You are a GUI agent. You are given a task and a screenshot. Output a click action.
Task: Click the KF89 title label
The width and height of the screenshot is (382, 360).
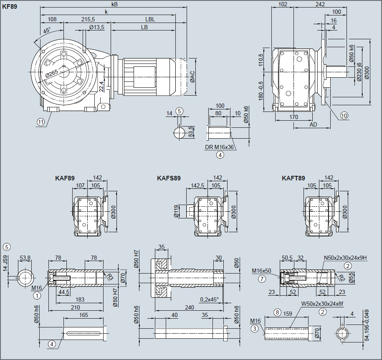tap(10, 7)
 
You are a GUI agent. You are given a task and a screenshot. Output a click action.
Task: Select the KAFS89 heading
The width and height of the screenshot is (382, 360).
tap(169, 178)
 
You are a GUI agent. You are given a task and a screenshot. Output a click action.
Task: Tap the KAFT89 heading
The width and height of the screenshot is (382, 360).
tap(293, 178)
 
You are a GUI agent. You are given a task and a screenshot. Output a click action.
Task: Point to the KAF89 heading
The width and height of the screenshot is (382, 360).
tap(65, 178)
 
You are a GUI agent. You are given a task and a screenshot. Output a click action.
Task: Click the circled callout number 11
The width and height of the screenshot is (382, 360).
tap(40, 122)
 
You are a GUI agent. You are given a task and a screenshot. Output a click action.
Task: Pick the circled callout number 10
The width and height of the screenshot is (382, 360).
tap(344, 115)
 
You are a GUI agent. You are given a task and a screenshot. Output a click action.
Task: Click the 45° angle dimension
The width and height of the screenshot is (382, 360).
tap(46, 30)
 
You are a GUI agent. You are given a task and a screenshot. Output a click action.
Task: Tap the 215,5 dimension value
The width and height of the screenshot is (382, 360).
tap(88, 20)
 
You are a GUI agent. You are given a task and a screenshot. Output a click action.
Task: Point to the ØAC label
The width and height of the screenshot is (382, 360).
tap(192, 76)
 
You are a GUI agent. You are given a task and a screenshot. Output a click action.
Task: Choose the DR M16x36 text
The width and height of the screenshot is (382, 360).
tap(220, 147)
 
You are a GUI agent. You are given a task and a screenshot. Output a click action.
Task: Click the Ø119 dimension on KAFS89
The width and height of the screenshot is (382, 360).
tap(176, 211)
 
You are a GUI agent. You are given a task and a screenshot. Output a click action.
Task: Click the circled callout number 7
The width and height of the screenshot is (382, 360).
tap(262, 279)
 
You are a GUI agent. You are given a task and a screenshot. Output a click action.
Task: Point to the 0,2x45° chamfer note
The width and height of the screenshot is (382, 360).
tap(209, 299)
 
